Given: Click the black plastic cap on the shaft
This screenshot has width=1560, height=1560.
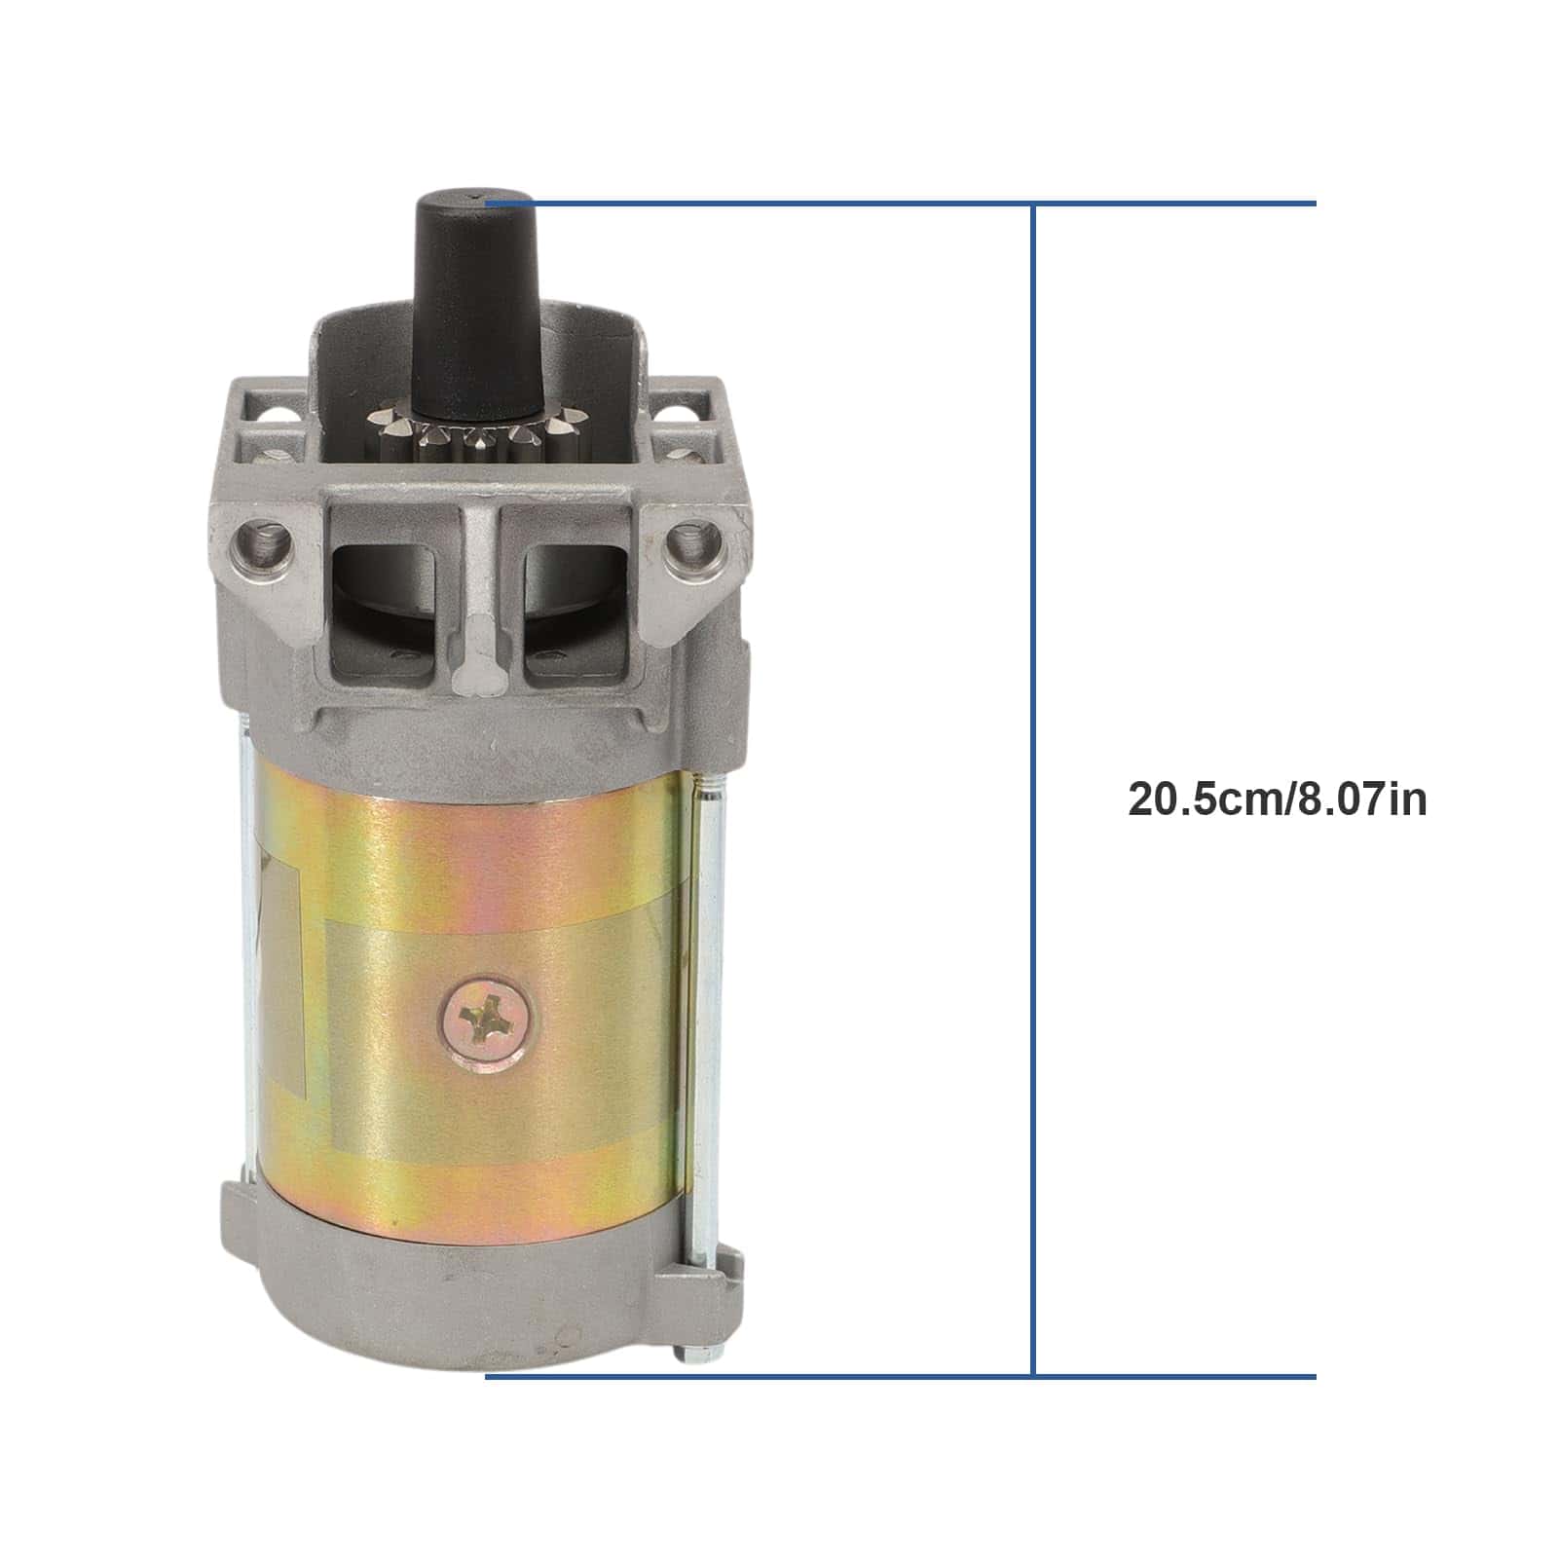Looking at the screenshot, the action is click(476, 302).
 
